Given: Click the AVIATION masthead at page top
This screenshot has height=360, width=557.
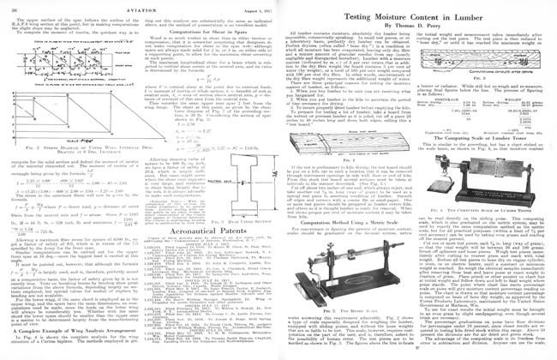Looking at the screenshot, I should (137, 6).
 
